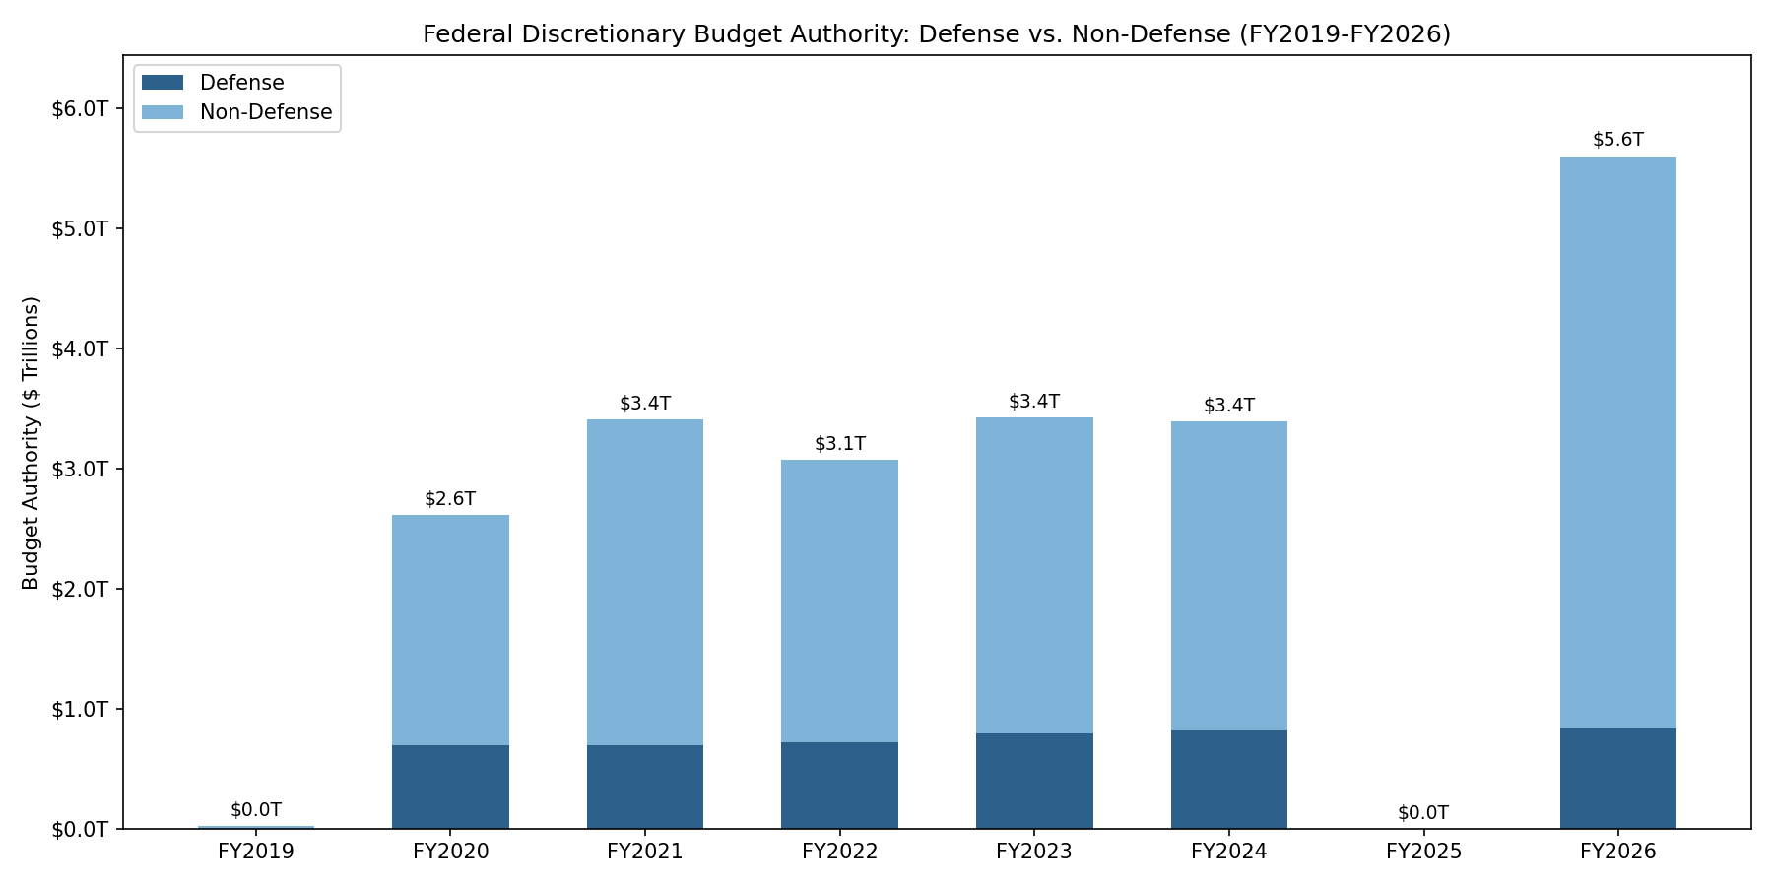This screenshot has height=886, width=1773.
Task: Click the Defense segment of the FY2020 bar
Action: pyautogui.click(x=450, y=787)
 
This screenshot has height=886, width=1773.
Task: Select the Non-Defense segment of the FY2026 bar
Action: pyautogui.click(x=1617, y=443)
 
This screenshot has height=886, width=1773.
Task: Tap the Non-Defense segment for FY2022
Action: pyautogui.click(x=839, y=601)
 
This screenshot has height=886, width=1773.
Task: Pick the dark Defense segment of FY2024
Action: pyautogui.click(x=1228, y=779)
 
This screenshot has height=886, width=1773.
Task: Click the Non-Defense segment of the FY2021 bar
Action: pyautogui.click(x=644, y=582)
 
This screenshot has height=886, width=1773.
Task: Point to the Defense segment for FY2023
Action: pyautogui.click(x=1034, y=781)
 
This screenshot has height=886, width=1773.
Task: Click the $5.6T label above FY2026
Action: pyautogui.click(x=1617, y=140)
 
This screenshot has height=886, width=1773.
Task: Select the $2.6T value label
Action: pyautogui.click(x=450, y=499)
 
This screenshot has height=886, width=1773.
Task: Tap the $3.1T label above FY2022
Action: pyautogui.click(x=839, y=444)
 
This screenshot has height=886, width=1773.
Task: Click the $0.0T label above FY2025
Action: pyautogui.click(x=1422, y=813)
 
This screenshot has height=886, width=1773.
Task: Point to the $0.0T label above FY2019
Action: pyautogui.click(x=256, y=810)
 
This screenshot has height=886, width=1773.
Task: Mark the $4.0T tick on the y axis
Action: pyautogui.click(x=79, y=348)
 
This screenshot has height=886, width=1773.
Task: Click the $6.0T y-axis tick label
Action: pyautogui.click(x=79, y=108)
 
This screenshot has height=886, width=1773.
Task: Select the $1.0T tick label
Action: pyautogui.click(x=79, y=709)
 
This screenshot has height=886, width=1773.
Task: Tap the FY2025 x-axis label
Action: pyautogui.click(x=1422, y=852)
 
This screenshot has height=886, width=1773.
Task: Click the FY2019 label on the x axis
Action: pyautogui.click(x=256, y=852)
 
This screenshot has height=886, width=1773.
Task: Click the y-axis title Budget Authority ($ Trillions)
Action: pyautogui.click(x=32, y=443)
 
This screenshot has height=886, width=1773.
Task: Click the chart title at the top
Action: pyautogui.click(x=936, y=34)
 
